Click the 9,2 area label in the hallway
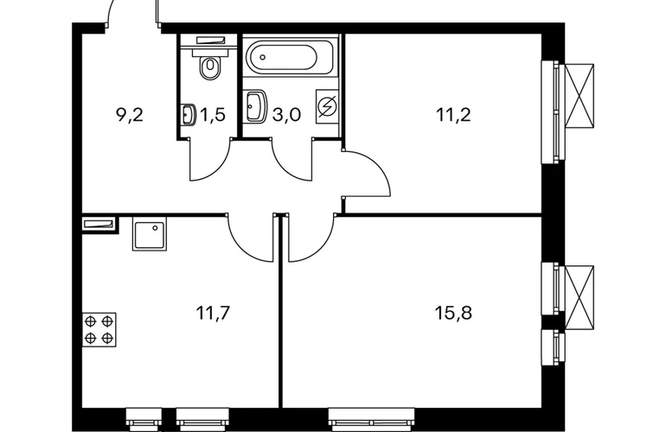point(130,115)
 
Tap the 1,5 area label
point(212,115)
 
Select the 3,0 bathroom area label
point(286,115)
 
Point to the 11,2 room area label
point(453,115)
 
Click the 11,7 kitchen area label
point(213,313)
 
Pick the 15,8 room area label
point(453,313)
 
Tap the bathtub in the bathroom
point(284,57)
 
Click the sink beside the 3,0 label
point(256,106)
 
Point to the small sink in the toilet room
point(189,115)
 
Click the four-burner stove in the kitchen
point(99,329)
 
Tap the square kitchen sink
point(150,234)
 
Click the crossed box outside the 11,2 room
point(580,96)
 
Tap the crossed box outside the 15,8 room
point(580,297)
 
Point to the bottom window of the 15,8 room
point(372,419)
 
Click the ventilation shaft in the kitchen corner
point(99,225)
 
